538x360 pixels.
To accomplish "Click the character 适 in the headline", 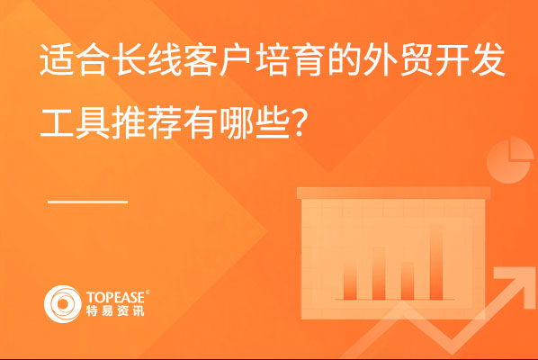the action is (x=57, y=59).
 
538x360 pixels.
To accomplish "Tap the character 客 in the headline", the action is (x=201, y=59).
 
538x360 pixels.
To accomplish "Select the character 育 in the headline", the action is (x=308, y=59).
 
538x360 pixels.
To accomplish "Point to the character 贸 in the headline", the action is (x=416, y=59).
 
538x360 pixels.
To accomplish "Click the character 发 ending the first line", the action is (x=488, y=59).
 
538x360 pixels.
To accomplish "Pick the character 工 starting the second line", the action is (x=57, y=122).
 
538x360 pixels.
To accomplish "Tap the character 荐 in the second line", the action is (x=165, y=122).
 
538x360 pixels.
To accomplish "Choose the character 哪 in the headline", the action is (x=236, y=122).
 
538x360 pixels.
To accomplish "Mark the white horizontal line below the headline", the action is (x=88, y=202).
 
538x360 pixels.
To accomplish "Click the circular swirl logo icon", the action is (x=62, y=303).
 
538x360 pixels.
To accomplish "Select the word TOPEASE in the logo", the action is (x=116, y=298).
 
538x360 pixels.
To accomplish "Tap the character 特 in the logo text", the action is (x=91, y=310).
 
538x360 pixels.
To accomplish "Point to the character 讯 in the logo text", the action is (x=139, y=310).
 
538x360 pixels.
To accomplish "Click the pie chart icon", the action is (x=510, y=160).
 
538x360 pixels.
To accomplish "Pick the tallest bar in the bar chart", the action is (x=436, y=262).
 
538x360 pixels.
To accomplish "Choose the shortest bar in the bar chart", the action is (x=408, y=281).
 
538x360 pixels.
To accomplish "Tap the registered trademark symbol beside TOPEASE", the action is (x=148, y=292).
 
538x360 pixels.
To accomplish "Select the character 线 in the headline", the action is (x=165, y=59).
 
